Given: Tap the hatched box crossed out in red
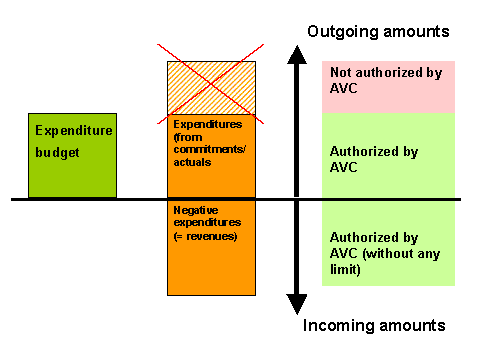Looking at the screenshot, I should click(211, 88).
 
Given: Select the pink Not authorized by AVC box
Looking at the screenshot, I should click(388, 87).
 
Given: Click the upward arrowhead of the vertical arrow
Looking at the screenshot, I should click(296, 55).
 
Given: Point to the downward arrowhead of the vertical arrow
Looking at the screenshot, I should click(296, 304).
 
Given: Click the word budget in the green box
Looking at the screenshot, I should click(56, 154).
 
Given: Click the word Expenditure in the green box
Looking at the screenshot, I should click(74, 131).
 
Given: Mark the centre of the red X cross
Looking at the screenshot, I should click(211, 88).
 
